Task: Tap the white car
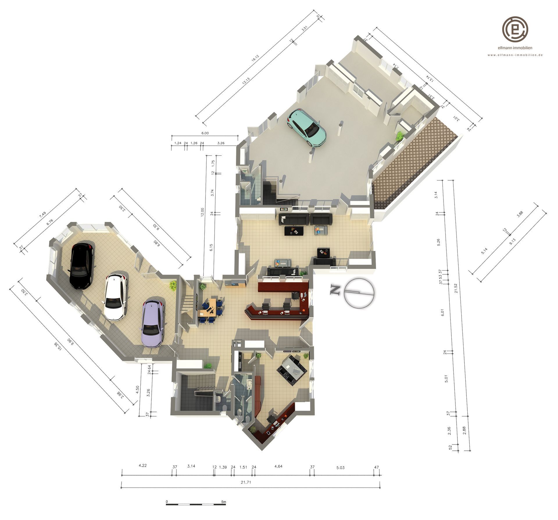tap(116, 297)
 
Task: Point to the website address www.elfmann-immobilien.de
tap(515, 55)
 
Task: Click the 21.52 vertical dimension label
tap(456, 288)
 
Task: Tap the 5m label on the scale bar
tap(223, 501)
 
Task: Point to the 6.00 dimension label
tap(205, 133)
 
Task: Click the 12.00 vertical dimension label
tap(202, 212)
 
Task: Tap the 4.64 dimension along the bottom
tap(278, 466)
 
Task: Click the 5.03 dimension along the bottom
tap(340, 467)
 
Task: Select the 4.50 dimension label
tap(138, 389)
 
